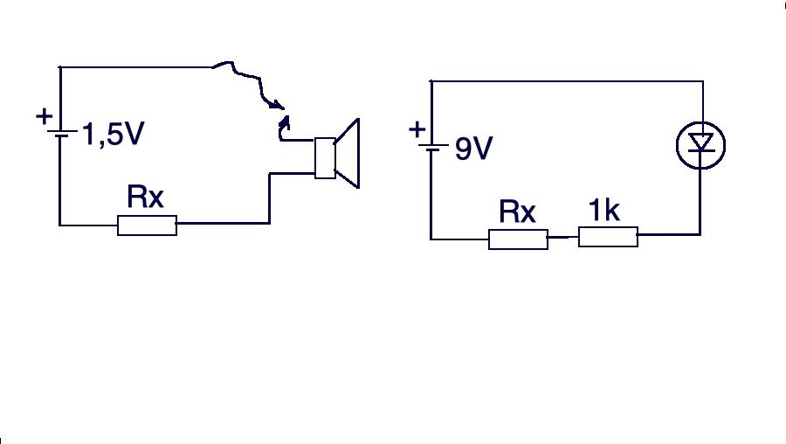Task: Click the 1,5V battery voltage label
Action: (x=113, y=134)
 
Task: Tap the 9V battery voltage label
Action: (x=473, y=149)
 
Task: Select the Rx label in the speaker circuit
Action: (x=145, y=197)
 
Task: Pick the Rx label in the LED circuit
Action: (x=517, y=212)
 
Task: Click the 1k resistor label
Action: (x=604, y=210)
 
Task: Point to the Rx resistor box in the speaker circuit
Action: (x=147, y=225)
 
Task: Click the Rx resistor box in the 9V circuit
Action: (x=518, y=239)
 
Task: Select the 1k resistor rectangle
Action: (x=608, y=237)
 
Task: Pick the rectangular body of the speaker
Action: (x=325, y=158)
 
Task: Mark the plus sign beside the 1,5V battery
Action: (x=45, y=116)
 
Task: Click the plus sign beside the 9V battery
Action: (x=417, y=130)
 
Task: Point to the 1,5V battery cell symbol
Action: (x=61, y=134)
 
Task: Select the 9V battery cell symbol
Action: (x=432, y=148)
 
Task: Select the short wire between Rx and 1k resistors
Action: (x=563, y=237)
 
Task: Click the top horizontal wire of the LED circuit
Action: (x=567, y=80)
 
